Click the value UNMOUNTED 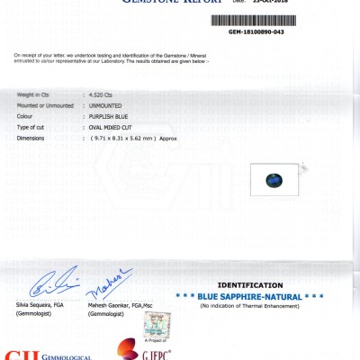point(104,105)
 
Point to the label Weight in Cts point(36,94)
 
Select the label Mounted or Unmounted point(45,105)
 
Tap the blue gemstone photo point(272,181)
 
